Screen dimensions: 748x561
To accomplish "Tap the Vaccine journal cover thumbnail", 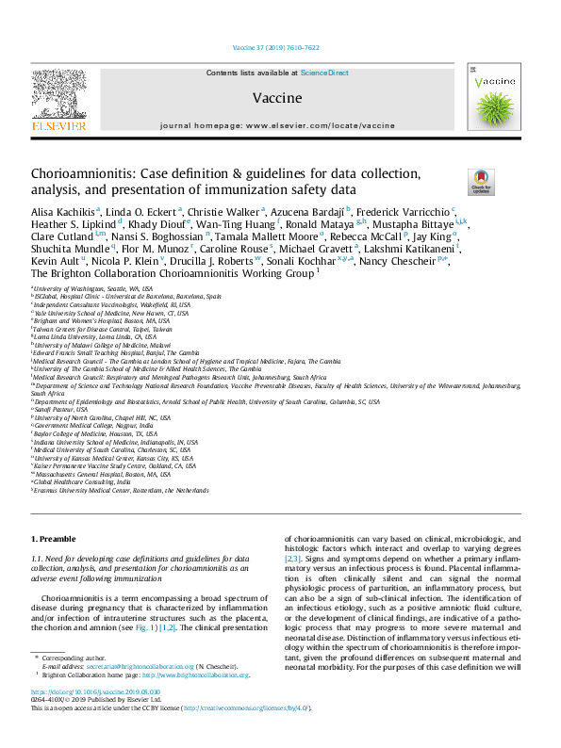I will click(x=494, y=99).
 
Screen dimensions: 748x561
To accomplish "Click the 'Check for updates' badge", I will click(x=480, y=181).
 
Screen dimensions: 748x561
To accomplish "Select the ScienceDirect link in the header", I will click(x=324, y=73).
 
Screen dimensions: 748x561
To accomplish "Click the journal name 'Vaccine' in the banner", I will click(x=277, y=98).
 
